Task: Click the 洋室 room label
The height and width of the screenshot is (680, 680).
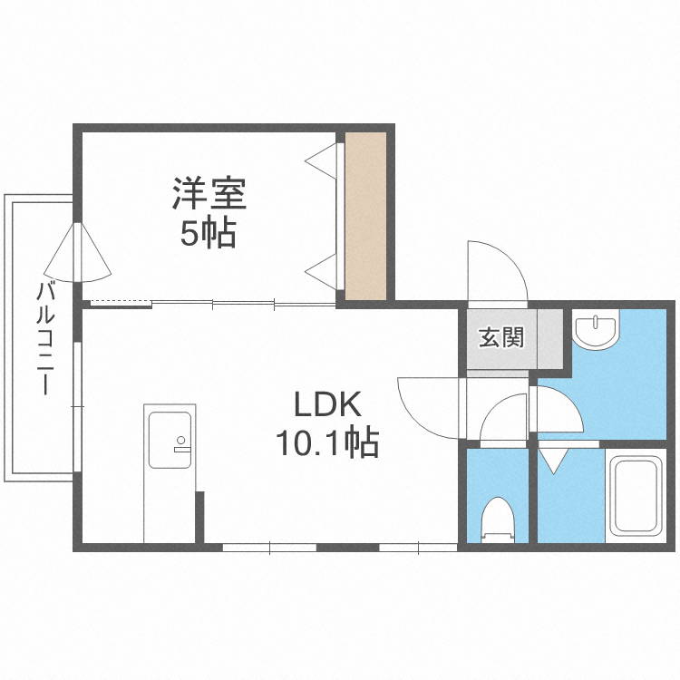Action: click(x=209, y=193)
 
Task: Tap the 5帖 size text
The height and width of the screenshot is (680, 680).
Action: click(x=208, y=234)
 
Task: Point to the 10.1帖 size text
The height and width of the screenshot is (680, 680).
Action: click(x=326, y=442)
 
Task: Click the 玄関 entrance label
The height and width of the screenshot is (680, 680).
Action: click(x=500, y=338)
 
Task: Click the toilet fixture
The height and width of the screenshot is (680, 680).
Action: click(x=497, y=519)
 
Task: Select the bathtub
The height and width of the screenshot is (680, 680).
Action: click(x=636, y=495)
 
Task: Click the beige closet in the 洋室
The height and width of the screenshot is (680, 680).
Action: click(x=365, y=216)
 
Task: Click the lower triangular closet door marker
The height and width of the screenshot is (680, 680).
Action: click(x=322, y=268)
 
